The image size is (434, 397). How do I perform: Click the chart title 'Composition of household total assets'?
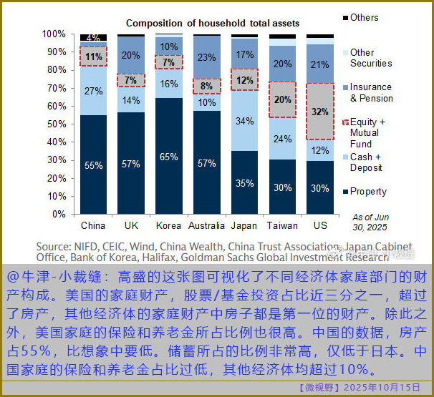pos(213,24)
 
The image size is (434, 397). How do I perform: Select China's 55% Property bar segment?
pos(93,164)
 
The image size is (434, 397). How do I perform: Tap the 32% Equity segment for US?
pos(320,112)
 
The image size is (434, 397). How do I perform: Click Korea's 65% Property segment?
pos(169,156)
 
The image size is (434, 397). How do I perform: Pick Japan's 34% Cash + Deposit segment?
pos(244,121)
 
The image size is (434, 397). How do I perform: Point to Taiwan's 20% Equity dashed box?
pos(282,99)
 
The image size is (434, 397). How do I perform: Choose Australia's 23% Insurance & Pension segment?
pos(206,57)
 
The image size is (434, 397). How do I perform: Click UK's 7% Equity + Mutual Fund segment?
pos(131,80)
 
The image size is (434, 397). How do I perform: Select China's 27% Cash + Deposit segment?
pos(93,91)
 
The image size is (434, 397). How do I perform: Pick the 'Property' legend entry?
pos(368,191)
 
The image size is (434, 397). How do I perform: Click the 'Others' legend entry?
pos(365,17)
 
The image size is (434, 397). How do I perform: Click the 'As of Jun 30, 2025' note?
pos(372,221)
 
